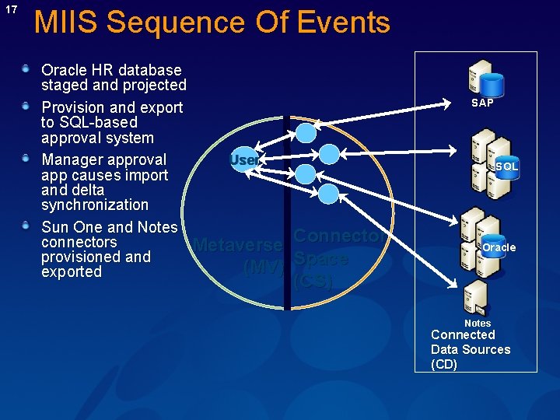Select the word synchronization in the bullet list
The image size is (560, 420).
pos(94,205)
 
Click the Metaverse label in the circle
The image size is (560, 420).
pos(237,245)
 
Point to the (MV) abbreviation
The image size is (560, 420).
pos(263,268)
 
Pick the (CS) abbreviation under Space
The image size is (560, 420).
pos(313,282)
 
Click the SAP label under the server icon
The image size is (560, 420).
pos(482,103)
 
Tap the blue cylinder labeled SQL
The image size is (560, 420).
pos(506,166)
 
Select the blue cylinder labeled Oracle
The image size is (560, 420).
pos(498,248)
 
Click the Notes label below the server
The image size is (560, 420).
pos(478,323)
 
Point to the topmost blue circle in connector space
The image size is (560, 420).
pos(306,133)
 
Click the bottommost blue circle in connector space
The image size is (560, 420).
pos(329,194)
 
